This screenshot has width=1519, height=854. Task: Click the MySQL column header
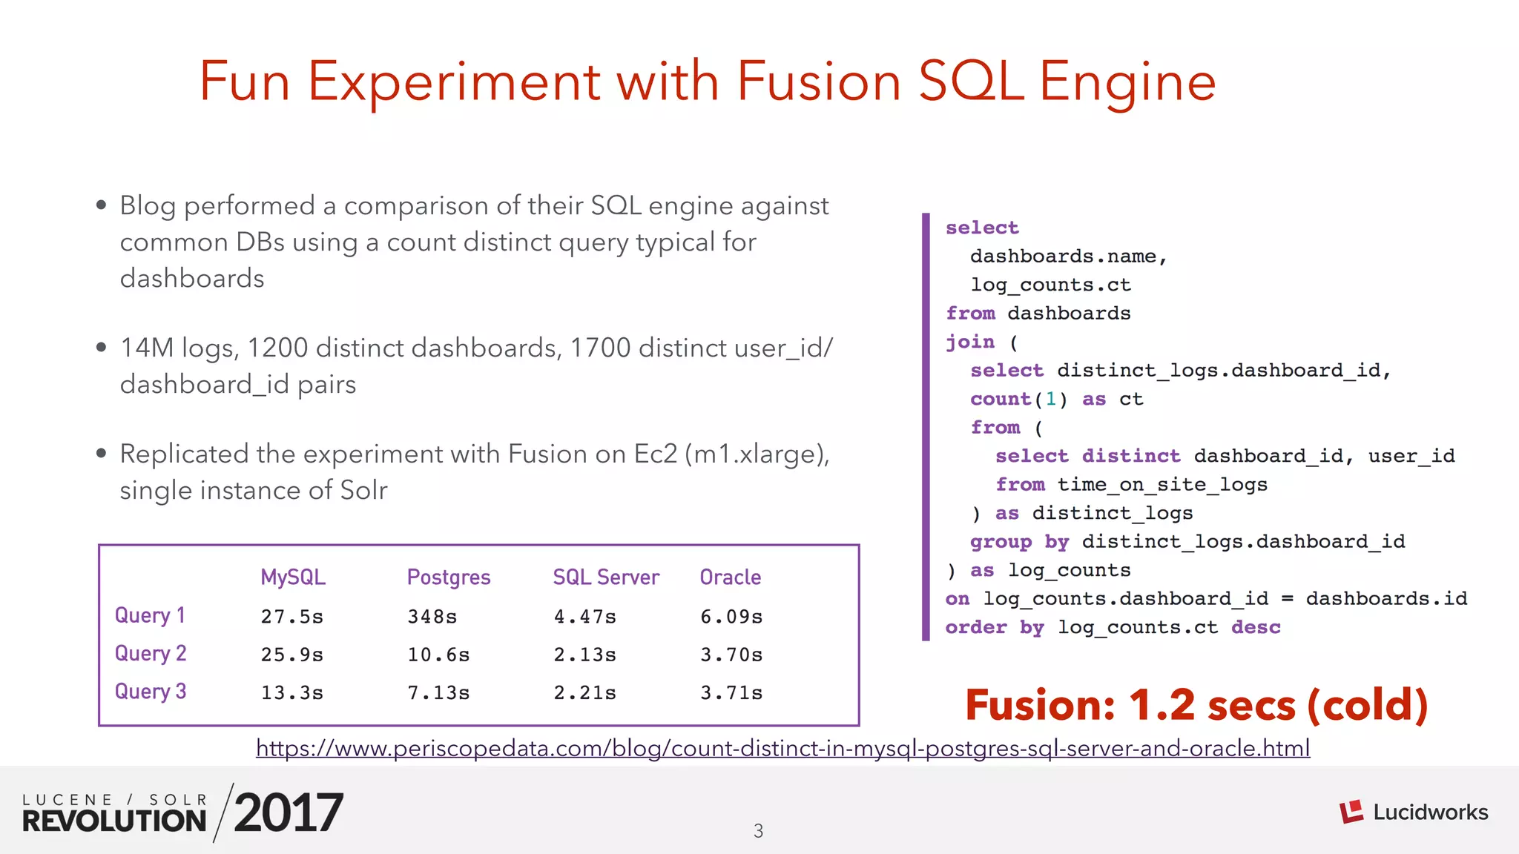tap(293, 577)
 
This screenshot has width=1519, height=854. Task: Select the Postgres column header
tap(449, 577)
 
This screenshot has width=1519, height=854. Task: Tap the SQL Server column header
tap(606, 577)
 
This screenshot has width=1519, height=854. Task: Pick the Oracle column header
tap(731, 577)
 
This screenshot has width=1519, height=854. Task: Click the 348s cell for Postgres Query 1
tap(432, 617)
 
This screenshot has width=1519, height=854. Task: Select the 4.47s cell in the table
tap(584, 617)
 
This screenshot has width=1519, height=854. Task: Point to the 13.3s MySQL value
tap(291, 693)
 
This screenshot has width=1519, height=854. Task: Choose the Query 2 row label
tap(151, 654)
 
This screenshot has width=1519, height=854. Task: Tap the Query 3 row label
tap(151, 692)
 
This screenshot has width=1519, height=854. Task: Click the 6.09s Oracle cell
tap(731, 617)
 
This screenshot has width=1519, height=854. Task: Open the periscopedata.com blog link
tap(783, 748)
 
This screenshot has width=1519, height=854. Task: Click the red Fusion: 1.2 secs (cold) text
tap(1196, 705)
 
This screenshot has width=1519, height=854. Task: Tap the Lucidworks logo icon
tap(1351, 812)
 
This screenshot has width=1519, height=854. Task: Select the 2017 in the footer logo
tap(289, 812)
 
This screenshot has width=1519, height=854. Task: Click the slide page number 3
tap(758, 831)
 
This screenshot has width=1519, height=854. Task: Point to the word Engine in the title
tap(1127, 82)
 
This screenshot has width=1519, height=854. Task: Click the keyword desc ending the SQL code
tap(1256, 627)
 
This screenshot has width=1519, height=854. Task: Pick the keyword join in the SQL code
tap(970, 342)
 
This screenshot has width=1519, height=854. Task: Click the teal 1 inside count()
tap(1051, 399)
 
